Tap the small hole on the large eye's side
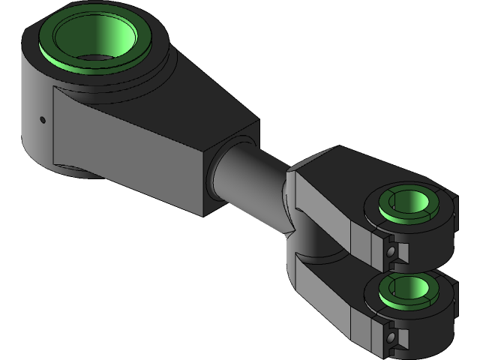(43, 118)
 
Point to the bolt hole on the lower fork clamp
(390, 339)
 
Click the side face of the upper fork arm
(330, 210)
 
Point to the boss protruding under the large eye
(75, 172)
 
